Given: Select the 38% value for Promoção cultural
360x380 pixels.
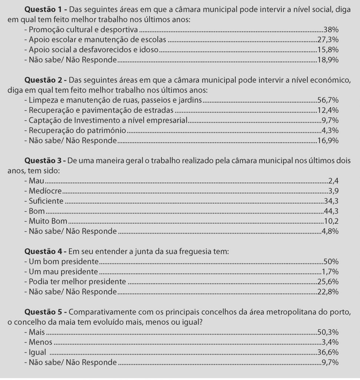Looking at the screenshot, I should click(x=331, y=29).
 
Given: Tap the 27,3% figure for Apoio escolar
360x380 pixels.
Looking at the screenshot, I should click(x=328, y=40).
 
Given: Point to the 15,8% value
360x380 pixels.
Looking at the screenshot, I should click(x=328, y=50).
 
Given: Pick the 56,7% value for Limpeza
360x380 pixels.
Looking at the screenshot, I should click(x=328, y=100).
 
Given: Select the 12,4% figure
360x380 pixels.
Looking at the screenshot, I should click(x=328, y=110).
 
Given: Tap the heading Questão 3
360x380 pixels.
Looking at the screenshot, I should click(x=45, y=161).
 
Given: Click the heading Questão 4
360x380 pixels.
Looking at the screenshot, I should click(x=45, y=252).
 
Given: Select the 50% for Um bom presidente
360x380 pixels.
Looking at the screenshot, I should click(x=331, y=261).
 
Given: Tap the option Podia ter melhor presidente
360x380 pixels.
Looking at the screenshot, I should click(x=77, y=282).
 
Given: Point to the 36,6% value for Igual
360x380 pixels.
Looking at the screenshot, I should click(x=328, y=352).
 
